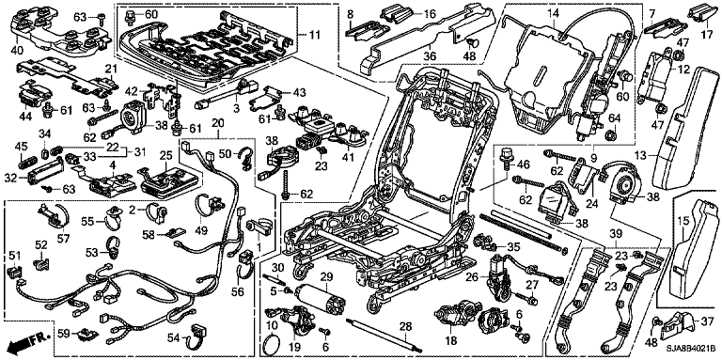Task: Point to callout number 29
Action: click(x=326, y=277)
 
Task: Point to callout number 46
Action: click(x=523, y=163)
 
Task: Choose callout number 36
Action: click(x=431, y=47)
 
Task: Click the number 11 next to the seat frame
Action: click(x=315, y=35)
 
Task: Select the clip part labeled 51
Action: click(x=15, y=272)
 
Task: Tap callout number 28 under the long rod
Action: click(x=405, y=327)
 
